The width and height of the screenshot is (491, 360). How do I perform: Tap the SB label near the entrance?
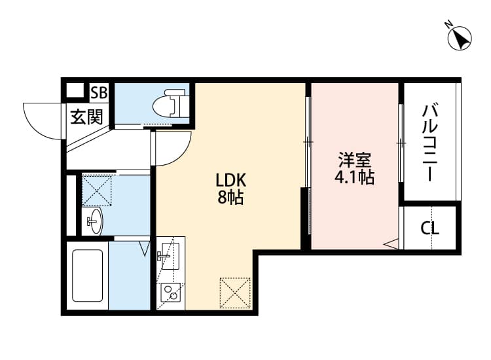point(100,92)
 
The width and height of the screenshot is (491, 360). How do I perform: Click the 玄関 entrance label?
point(86,117)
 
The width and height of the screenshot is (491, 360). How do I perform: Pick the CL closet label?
point(429,228)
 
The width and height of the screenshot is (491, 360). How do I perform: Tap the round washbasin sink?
point(95,221)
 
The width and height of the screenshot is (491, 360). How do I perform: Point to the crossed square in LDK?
point(234,292)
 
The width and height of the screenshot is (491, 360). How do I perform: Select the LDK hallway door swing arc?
point(172,149)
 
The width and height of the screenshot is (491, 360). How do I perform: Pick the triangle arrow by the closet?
point(391,244)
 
